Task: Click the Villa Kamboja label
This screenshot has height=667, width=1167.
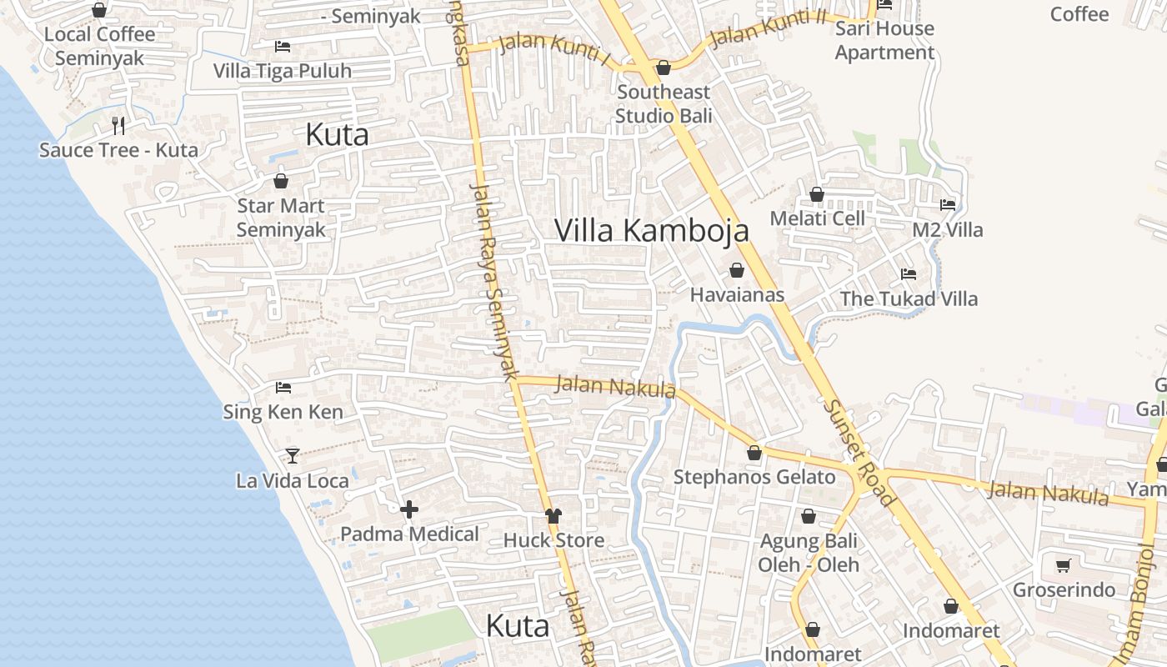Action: tap(651, 231)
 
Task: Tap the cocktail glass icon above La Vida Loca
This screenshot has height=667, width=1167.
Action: tap(293, 455)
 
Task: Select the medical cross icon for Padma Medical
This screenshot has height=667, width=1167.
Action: tap(409, 509)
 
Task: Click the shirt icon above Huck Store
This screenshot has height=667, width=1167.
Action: tap(553, 516)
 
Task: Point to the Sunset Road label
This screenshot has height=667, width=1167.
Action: tap(859, 454)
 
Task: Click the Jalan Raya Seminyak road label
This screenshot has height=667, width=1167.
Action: tap(494, 283)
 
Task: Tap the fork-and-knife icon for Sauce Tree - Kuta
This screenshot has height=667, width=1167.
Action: tap(118, 126)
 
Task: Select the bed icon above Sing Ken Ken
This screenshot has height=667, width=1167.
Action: tap(283, 388)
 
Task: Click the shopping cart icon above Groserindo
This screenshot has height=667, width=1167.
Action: tap(1063, 566)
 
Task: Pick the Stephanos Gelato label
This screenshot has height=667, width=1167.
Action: tap(754, 477)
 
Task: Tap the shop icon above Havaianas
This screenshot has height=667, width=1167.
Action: tap(737, 270)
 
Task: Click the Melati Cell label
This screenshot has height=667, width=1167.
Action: tap(817, 218)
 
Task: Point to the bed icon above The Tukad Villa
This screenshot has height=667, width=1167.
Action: tap(909, 273)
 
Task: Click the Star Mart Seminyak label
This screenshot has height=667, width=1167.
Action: tap(281, 218)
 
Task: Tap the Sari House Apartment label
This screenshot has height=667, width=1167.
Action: tap(884, 40)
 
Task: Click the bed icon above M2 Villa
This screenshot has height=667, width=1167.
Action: tap(948, 205)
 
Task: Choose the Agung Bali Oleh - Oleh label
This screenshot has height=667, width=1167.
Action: tap(808, 552)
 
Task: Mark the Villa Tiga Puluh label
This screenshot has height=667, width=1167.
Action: tap(283, 71)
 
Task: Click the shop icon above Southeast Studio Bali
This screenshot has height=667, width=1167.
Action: tap(664, 68)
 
